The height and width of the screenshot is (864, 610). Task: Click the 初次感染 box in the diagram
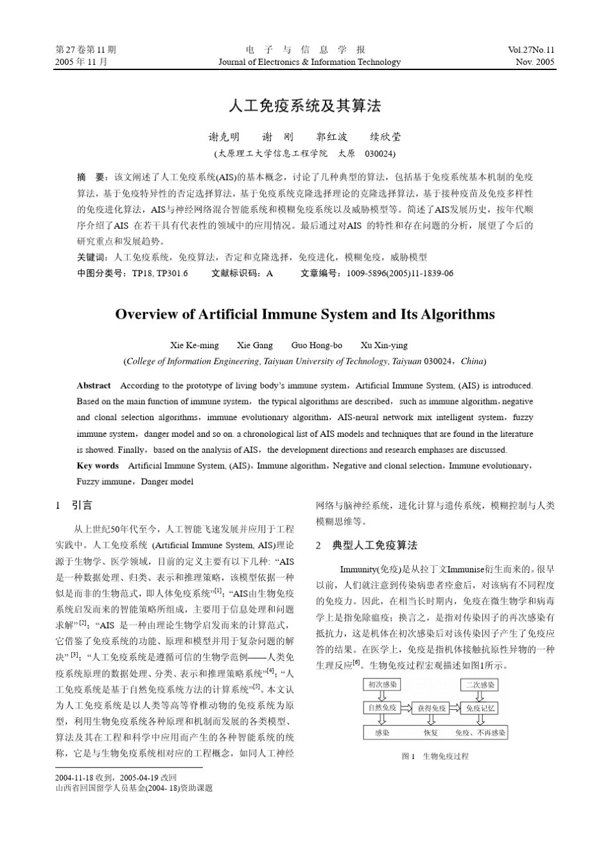(382, 685)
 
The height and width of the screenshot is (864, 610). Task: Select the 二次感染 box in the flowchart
(480, 685)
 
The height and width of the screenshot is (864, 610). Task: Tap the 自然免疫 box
(381, 708)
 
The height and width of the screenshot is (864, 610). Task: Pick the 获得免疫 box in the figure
(431, 708)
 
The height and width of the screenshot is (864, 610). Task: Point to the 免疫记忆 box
(481, 708)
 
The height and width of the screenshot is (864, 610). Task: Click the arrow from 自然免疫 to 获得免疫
(406, 708)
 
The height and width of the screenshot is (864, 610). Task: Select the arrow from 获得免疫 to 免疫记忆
(456, 708)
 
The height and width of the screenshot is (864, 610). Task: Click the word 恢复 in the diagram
(431, 732)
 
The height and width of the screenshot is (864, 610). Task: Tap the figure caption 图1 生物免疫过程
(435, 756)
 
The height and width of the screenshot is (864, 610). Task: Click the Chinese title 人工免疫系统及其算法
(305, 106)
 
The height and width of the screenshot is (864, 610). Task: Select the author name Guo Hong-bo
(317, 345)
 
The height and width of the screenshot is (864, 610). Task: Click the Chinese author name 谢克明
(224, 137)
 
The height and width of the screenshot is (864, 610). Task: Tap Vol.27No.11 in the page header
(531, 49)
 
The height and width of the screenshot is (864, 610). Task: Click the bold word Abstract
(94, 385)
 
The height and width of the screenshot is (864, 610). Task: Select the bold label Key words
(98, 466)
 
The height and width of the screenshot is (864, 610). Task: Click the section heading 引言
(82, 506)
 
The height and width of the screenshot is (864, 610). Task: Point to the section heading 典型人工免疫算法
(374, 545)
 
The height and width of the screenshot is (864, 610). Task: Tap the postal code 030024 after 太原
(379, 154)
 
